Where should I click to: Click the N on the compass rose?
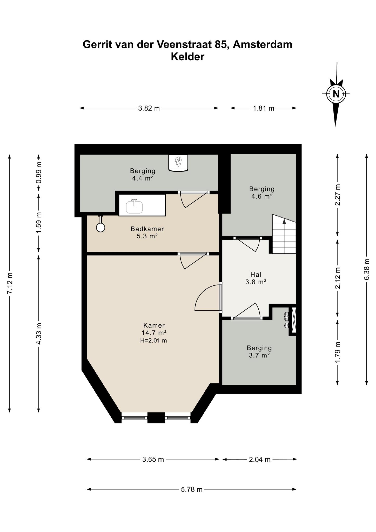[336, 94]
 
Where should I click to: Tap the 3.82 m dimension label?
[149, 108]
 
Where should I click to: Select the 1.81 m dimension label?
[264, 108]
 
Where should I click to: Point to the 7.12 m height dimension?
[10, 283]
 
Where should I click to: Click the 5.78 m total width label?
[192, 489]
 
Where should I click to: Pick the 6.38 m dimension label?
[366, 269]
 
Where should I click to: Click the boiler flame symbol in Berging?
[178, 162]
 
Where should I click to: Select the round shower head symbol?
[100, 228]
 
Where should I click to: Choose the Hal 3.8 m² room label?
[256, 278]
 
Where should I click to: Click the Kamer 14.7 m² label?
[154, 329]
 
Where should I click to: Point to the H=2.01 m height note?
[153, 340]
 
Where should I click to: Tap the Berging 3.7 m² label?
[259, 351]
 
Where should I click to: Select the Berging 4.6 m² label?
[262, 192]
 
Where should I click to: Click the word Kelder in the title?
[187, 57]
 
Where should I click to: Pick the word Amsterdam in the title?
[263, 44]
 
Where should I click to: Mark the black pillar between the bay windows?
[156, 417]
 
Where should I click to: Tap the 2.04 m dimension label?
[260, 460]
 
